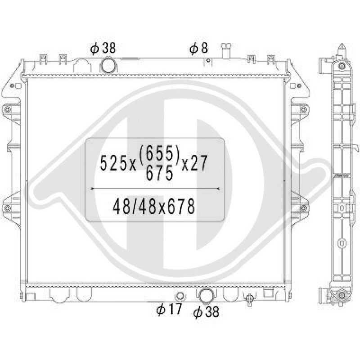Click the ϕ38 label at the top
(x=103, y=49)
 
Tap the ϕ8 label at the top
(x=198, y=49)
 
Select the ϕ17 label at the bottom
(x=169, y=309)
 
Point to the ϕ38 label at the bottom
(x=206, y=312)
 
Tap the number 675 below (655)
(x=159, y=173)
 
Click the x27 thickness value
(x=194, y=162)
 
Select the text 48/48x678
(x=154, y=206)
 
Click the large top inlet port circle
(x=108, y=66)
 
